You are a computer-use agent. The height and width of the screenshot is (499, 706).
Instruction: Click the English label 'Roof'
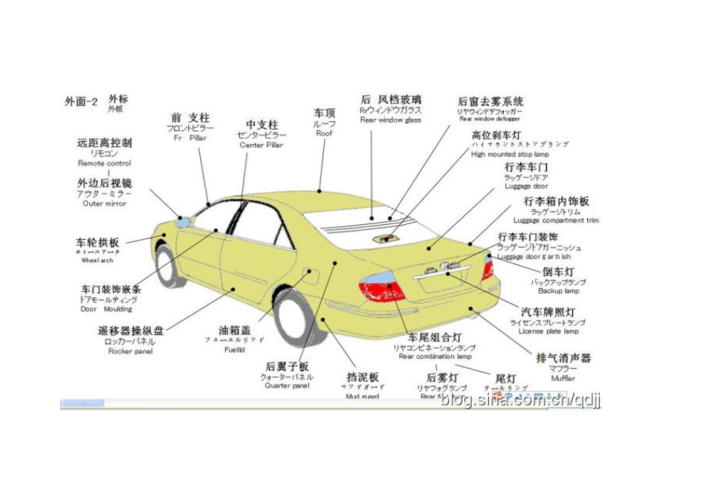pos(324,134)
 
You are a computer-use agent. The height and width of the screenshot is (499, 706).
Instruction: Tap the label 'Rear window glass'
pos(390,120)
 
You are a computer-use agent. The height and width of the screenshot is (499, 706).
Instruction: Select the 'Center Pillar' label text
pos(261,146)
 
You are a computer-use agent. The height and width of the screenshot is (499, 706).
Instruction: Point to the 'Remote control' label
pos(105,163)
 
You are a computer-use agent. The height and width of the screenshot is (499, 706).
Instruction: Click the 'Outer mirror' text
pos(104,203)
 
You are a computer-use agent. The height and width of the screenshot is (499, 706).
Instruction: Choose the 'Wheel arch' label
pos(97,261)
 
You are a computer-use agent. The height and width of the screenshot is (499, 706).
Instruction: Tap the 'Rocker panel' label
pos(130,351)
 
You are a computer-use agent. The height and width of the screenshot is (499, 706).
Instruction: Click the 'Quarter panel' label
pos(287,386)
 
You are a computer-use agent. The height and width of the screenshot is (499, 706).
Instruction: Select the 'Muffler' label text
pos(563,378)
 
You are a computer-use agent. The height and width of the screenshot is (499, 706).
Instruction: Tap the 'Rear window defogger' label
pos(489,119)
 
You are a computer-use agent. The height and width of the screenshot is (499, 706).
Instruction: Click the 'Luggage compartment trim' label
pos(556,221)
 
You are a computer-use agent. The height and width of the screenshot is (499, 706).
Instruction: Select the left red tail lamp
pos(382,287)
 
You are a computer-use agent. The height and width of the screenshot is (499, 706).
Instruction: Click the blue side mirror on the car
pos(181,221)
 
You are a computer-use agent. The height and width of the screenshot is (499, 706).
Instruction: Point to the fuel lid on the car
pos(311,275)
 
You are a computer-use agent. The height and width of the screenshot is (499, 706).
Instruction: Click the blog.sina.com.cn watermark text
pos(520,401)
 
